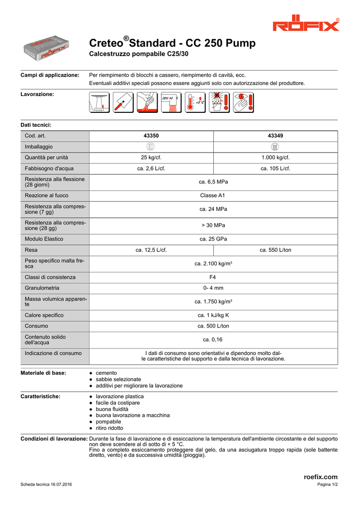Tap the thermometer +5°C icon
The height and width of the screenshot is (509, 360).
coord(195,102)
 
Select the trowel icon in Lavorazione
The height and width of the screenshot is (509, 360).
coord(123,102)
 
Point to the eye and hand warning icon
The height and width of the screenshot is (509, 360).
coord(243,102)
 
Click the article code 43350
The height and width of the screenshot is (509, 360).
coord(151,136)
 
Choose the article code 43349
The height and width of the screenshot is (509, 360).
coord(275,136)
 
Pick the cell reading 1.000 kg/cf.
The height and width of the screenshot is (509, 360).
coord(275,158)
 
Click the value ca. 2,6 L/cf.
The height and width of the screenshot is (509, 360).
coord(151,169)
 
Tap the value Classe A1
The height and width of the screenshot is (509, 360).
coord(213,195)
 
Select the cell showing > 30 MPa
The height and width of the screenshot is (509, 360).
coord(213,225)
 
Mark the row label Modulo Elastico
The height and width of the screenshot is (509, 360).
coord(44,239)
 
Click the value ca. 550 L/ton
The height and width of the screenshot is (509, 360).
coord(275,250)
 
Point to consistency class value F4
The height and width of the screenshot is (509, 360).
coord(213,277)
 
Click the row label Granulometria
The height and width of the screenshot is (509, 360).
coord(42,288)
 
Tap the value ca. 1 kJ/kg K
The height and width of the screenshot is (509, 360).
coord(213,315)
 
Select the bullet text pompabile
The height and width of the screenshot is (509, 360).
coord(108,422)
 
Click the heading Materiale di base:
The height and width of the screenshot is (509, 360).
coord(43,373)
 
